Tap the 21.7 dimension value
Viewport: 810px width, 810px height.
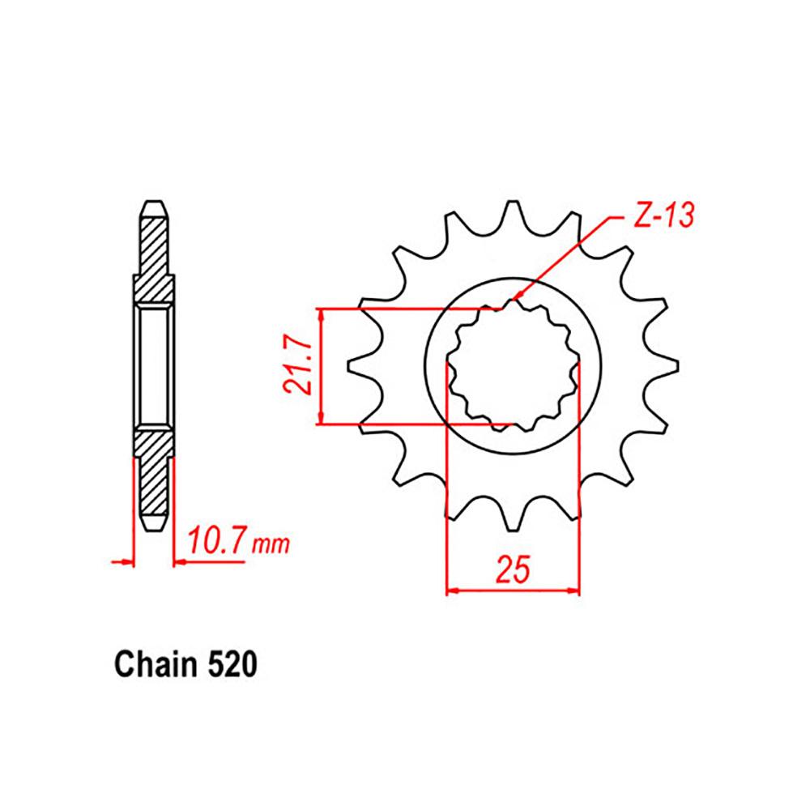299,366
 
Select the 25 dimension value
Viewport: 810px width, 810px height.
513,569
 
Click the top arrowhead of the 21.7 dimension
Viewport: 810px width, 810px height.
323,313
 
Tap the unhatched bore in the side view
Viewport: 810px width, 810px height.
154,366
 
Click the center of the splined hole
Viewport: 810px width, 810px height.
513,366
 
